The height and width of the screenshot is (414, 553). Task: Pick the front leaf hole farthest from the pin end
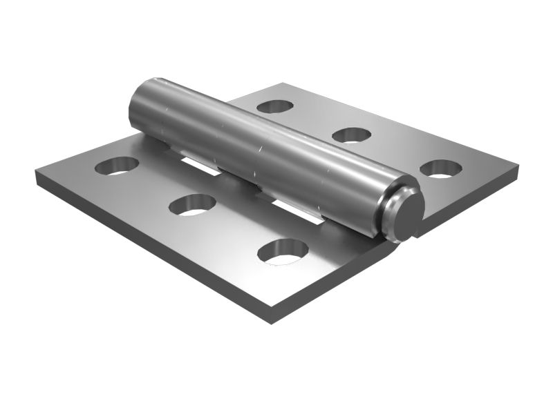click(x=117, y=165)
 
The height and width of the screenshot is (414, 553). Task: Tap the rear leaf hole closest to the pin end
click(x=440, y=168)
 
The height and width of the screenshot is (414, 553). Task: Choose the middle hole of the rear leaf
click(x=353, y=134)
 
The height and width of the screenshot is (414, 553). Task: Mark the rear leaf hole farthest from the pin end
click(x=275, y=106)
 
